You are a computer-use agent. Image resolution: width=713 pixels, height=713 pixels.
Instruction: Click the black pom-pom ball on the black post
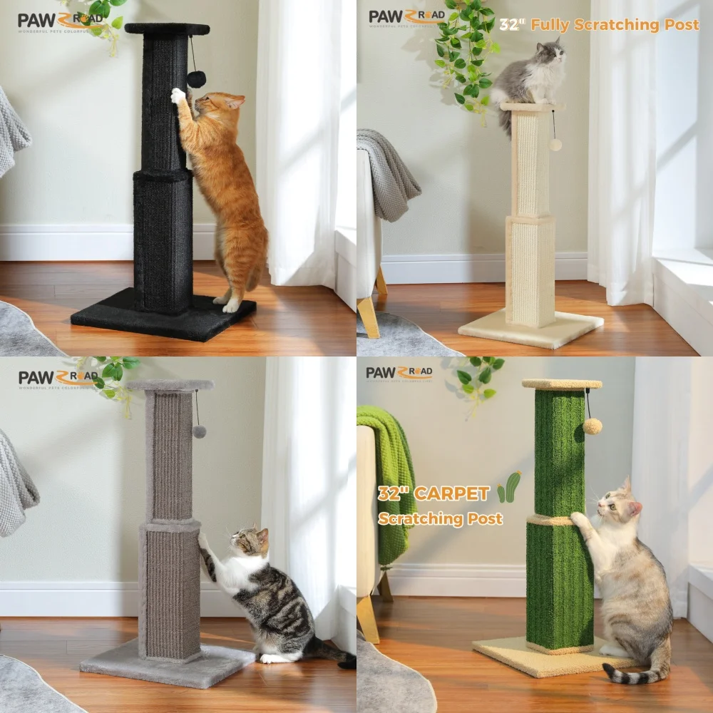tap(197, 78)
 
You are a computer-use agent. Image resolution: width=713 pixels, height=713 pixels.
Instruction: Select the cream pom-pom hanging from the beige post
tap(555, 145)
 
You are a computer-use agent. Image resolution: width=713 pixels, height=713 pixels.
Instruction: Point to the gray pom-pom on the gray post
tap(200, 431)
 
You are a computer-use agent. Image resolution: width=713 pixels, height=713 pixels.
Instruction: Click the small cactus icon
tap(510, 487)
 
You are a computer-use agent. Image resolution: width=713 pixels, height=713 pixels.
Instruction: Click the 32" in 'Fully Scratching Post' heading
tap(511, 25)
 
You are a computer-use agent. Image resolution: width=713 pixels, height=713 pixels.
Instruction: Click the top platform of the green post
tap(562, 384)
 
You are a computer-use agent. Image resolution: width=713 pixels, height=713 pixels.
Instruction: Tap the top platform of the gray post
tap(170, 385)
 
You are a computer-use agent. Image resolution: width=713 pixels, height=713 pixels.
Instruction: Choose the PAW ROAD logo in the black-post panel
tap(60, 21)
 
